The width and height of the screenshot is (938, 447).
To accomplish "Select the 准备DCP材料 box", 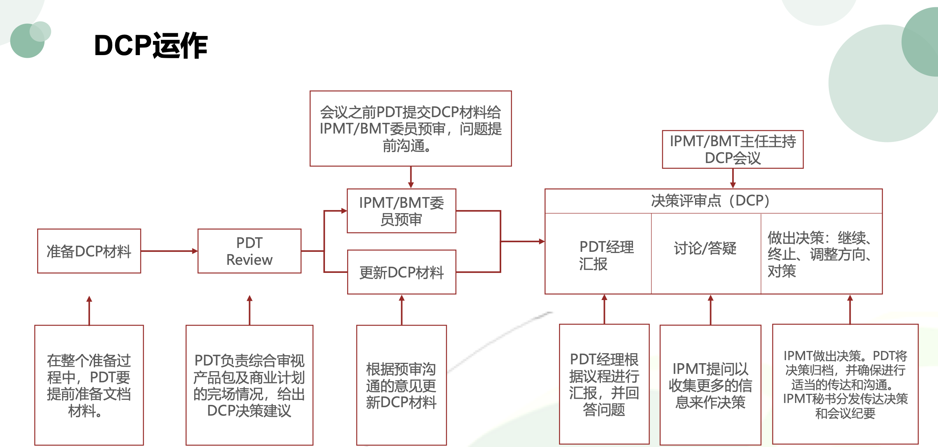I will click(89, 251).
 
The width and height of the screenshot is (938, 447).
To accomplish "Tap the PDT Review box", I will click(249, 251).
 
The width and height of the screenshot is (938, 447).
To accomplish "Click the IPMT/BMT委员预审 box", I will click(401, 211).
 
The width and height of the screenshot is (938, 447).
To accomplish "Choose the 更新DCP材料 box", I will click(401, 272).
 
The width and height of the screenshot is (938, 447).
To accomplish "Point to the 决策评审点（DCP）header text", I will click(713, 201).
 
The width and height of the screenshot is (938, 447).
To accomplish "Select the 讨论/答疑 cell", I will click(705, 248).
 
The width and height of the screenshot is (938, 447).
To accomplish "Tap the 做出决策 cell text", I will click(820, 254).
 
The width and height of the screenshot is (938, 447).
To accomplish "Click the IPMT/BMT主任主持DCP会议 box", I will click(733, 149).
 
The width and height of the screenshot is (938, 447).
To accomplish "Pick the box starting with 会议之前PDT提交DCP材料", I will click(410, 129).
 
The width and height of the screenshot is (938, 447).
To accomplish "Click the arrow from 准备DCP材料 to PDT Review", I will click(169, 251).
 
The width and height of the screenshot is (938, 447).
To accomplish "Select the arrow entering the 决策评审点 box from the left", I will click(523, 241).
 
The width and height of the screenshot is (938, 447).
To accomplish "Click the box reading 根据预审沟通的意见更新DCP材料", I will click(401, 385).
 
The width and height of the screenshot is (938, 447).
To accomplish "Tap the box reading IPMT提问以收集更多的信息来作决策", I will click(710, 385).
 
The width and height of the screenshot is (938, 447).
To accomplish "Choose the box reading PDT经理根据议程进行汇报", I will click(604, 384).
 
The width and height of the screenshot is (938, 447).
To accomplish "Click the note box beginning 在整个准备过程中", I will click(89, 385).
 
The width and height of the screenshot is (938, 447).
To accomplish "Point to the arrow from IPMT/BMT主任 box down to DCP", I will click(733, 178).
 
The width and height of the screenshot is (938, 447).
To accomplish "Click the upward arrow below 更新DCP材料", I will click(402, 310).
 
